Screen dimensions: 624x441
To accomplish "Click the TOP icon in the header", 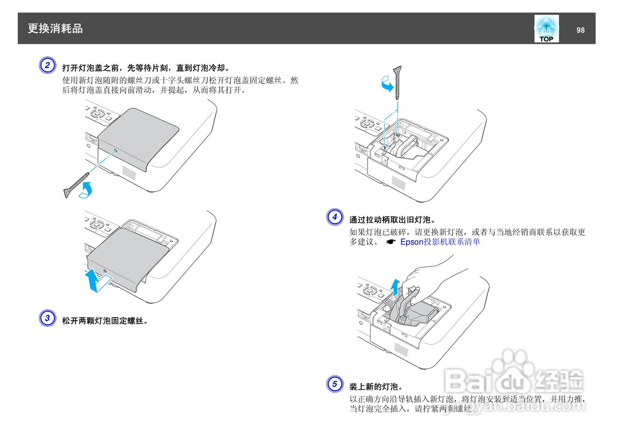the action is [546, 29].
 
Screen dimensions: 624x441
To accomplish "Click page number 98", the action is [580, 30].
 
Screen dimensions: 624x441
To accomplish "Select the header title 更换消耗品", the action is [55, 29].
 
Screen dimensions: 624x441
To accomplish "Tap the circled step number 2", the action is [47, 65].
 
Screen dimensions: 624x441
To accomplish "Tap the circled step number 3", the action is [47, 319].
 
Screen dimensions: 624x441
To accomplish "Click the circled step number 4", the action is [334, 217].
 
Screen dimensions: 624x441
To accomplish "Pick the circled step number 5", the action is [334, 384].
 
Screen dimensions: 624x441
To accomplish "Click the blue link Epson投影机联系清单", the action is [440, 242].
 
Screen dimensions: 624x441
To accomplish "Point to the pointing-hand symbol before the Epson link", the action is [390, 242].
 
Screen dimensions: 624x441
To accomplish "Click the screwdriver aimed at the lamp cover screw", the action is [76, 185].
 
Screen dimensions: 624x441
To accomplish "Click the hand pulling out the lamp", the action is [429, 283].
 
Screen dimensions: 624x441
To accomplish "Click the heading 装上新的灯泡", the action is [376, 386].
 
